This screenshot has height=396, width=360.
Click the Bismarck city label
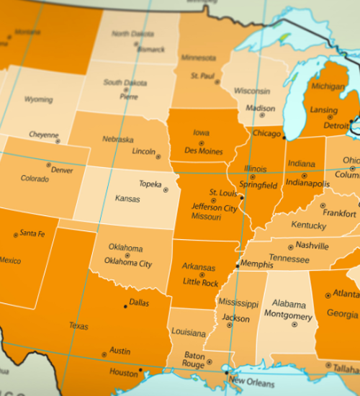(151, 50)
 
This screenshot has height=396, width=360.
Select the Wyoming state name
(38, 99)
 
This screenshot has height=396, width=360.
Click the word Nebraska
(117, 139)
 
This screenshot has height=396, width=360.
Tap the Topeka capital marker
(166, 190)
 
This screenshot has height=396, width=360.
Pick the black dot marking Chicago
(284, 137)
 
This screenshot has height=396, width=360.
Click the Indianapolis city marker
(304, 176)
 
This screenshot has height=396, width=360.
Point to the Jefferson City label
(214, 208)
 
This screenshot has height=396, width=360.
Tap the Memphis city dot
(238, 266)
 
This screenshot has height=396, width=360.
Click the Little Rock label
(201, 283)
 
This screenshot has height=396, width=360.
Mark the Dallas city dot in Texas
(125, 306)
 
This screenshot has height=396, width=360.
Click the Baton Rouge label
(194, 359)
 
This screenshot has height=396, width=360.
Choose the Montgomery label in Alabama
(288, 316)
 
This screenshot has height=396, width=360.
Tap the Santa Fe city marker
(16, 235)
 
